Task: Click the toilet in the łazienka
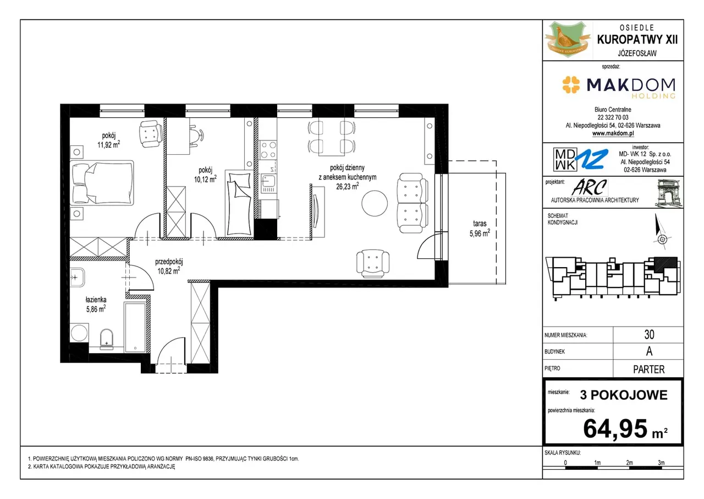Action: click(x=107, y=339)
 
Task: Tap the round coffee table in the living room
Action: click(x=375, y=203)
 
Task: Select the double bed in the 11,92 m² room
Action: click(x=102, y=183)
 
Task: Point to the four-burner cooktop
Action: click(x=268, y=149)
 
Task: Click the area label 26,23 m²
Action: click(x=347, y=186)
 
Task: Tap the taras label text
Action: click(x=480, y=224)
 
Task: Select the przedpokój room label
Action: click(x=169, y=262)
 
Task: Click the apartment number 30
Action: click(x=649, y=334)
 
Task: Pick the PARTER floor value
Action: click(x=648, y=369)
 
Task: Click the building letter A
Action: click(x=649, y=351)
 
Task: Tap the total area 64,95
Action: click(x=615, y=429)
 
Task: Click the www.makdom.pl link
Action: click(x=613, y=133)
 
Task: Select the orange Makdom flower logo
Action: click(x=571, y=85)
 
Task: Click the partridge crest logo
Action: click(x=567, y=39)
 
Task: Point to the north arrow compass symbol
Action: click(x=661, y=231)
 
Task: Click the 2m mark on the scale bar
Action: click(x=629, y=463)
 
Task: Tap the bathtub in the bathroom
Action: click(x=135, y=327)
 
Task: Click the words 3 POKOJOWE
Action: click(x=624, y=395)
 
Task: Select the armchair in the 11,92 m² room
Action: click(x=151, y=134)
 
